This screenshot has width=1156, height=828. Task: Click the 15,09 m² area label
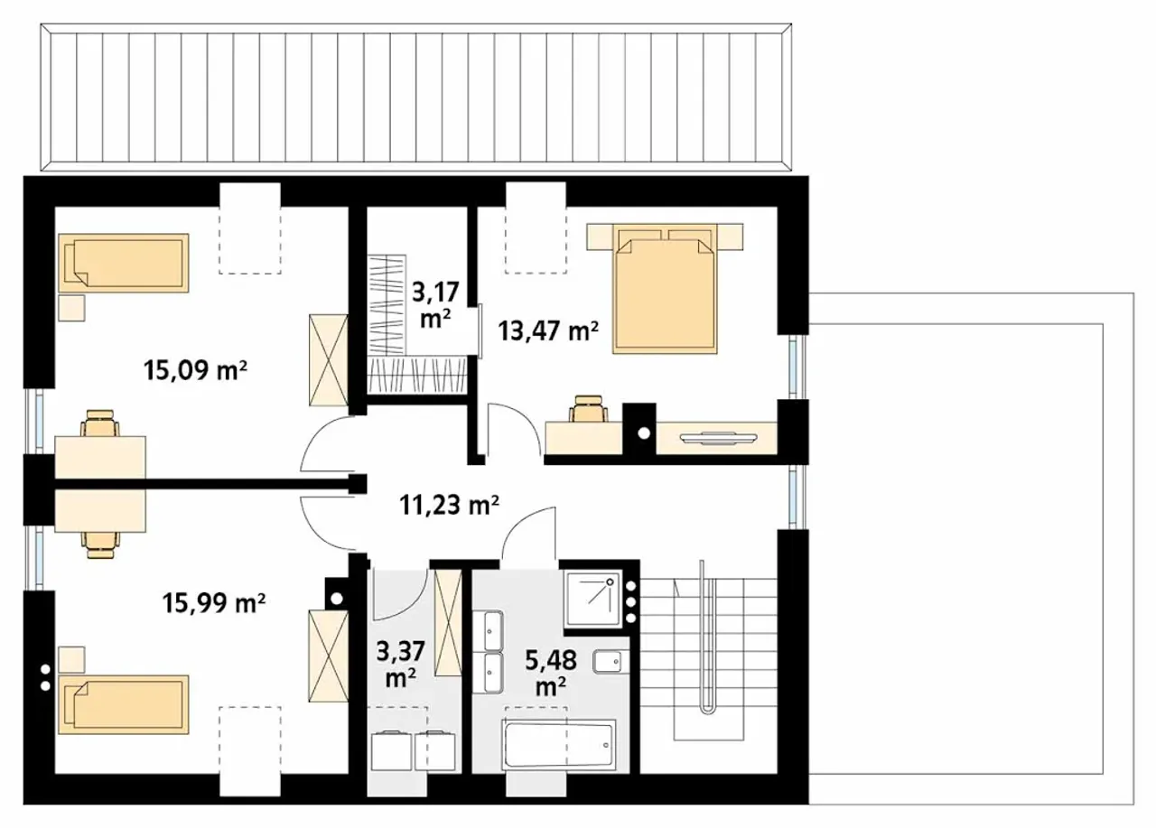(195, 370)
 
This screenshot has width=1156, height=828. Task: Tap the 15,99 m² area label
(214, 602)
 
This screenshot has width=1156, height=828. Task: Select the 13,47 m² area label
(548, 330)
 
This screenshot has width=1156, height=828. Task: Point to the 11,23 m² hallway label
(449, 505)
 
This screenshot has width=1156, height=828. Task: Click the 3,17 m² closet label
(435, 304)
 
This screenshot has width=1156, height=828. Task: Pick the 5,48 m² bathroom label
(551, 673)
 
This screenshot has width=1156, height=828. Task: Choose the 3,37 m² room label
(400, 664)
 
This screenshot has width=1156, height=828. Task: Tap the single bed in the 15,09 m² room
(124, 263)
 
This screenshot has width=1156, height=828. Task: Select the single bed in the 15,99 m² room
(124, 704)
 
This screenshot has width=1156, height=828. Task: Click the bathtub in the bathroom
(559, 744)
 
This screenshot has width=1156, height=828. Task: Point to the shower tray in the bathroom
(593, 599)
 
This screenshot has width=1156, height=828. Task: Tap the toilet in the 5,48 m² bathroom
(610, 662)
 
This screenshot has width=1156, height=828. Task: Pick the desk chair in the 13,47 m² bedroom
(588, 409)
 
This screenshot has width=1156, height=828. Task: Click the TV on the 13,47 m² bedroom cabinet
(718, 437)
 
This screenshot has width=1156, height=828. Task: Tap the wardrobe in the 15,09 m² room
(329, 359)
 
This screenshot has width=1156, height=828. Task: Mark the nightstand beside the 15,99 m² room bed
(71, 660)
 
